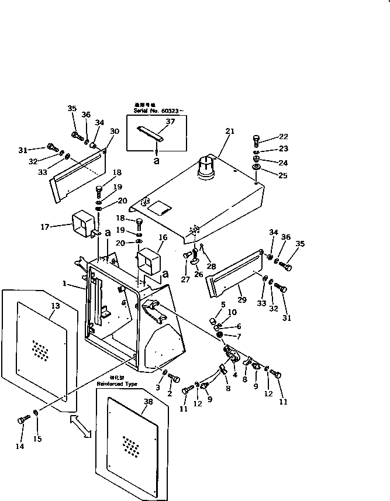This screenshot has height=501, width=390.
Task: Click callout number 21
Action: coord(230,131)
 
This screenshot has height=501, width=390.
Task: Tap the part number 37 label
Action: coord(170,121)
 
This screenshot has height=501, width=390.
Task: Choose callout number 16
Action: coord(163,237)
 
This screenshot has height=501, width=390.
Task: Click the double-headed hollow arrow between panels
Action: coord(81,426)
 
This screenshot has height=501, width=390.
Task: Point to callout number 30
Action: coord(114,131)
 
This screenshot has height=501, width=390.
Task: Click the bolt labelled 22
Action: coord(256,139)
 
